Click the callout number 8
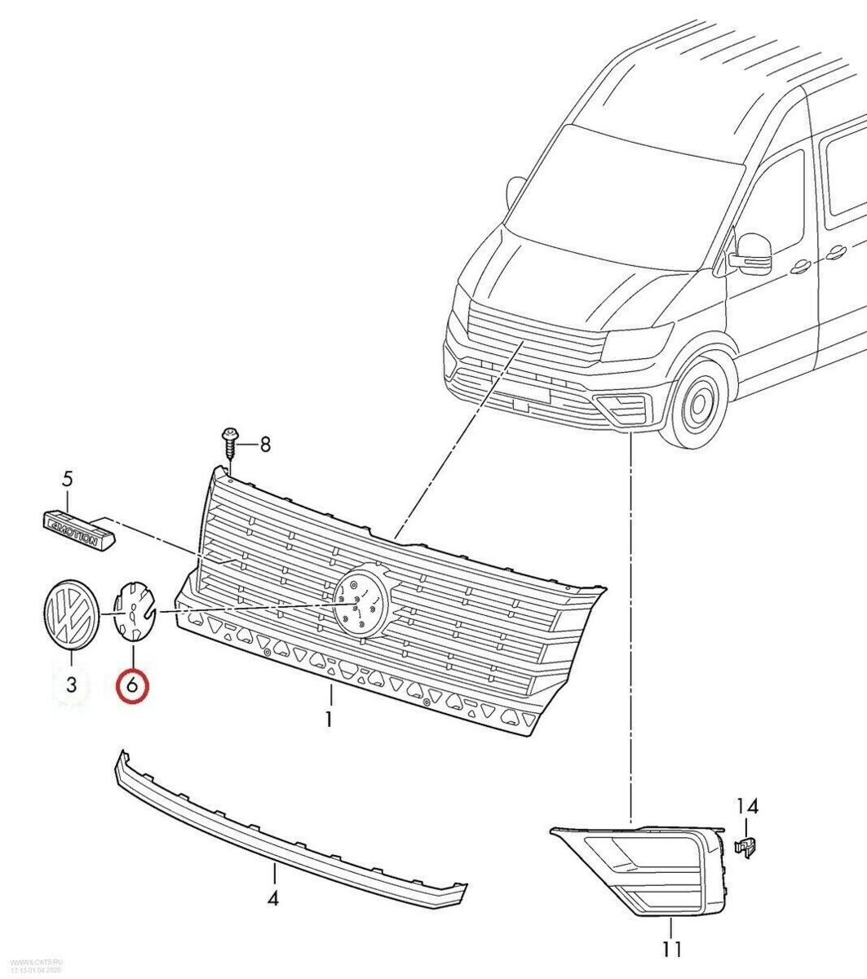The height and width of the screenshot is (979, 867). tap(264, 444)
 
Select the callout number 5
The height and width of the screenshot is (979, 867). tap(69, 478)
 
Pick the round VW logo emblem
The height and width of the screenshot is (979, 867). tap(69, 615)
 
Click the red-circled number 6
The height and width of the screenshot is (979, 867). tap(133, 685)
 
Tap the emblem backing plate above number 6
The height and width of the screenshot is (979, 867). tap(133, 610)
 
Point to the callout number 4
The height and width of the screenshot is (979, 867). tap(273, 899)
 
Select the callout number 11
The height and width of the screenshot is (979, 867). tap(670, 949)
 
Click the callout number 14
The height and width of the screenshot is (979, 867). tap(748, 807)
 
